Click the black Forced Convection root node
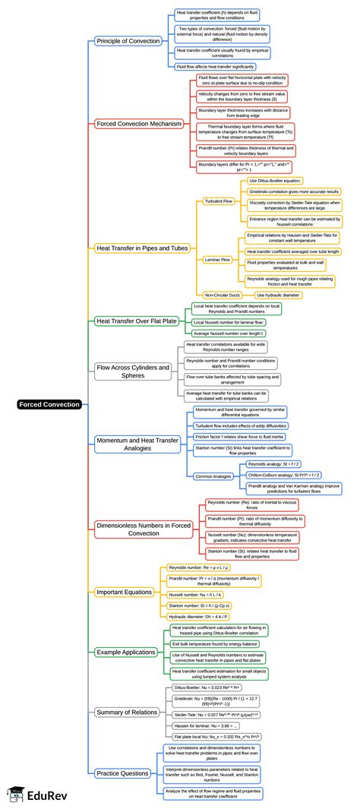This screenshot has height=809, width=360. coord(49,404)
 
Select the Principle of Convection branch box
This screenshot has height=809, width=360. coord(128,40)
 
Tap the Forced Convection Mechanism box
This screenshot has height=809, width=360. coord(137,123)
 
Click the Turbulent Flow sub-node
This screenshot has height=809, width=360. coord(219,201)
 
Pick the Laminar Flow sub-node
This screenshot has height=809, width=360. coord(218,260)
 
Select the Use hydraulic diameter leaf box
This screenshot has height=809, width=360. coord(279,295)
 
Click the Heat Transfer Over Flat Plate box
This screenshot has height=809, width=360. coord(137,321)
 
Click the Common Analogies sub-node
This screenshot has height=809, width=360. coord(213,476)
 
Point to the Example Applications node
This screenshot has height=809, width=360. coord(126,652)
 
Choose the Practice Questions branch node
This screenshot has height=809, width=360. coord(122,773)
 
